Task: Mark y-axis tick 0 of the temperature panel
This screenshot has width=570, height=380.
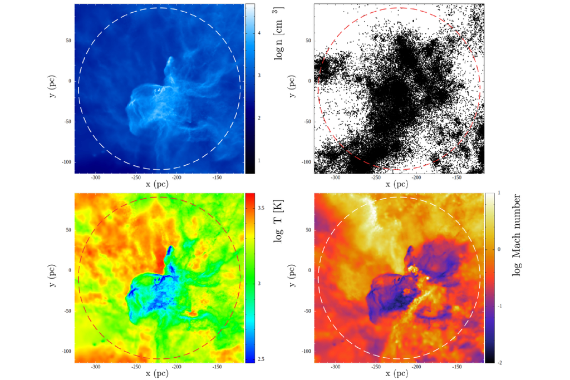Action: pos(70,271)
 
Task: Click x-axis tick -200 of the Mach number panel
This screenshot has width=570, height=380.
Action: pos(416,367)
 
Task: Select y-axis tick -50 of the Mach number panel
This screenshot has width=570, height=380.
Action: pos(305,311)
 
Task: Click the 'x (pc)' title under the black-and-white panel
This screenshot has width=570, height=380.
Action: pos(399,184)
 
